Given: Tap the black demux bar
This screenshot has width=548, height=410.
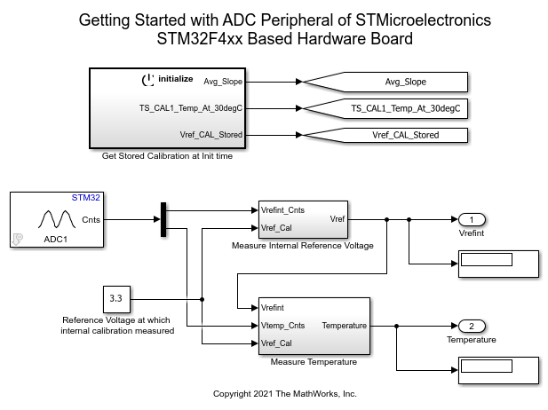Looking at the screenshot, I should [x=163, y=219].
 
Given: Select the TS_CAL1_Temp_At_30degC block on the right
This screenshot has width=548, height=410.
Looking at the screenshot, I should [x=404, y=108].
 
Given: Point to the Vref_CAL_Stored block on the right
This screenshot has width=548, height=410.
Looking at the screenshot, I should [x=404, y=135].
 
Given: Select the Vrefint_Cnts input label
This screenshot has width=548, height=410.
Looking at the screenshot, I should [x=283, y=211].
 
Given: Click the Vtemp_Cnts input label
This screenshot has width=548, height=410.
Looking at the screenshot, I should [x=284, y=326].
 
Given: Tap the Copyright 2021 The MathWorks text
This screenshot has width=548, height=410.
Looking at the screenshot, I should [x=285, y=393].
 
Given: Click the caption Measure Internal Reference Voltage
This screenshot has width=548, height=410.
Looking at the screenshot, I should [x=302, y=245].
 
